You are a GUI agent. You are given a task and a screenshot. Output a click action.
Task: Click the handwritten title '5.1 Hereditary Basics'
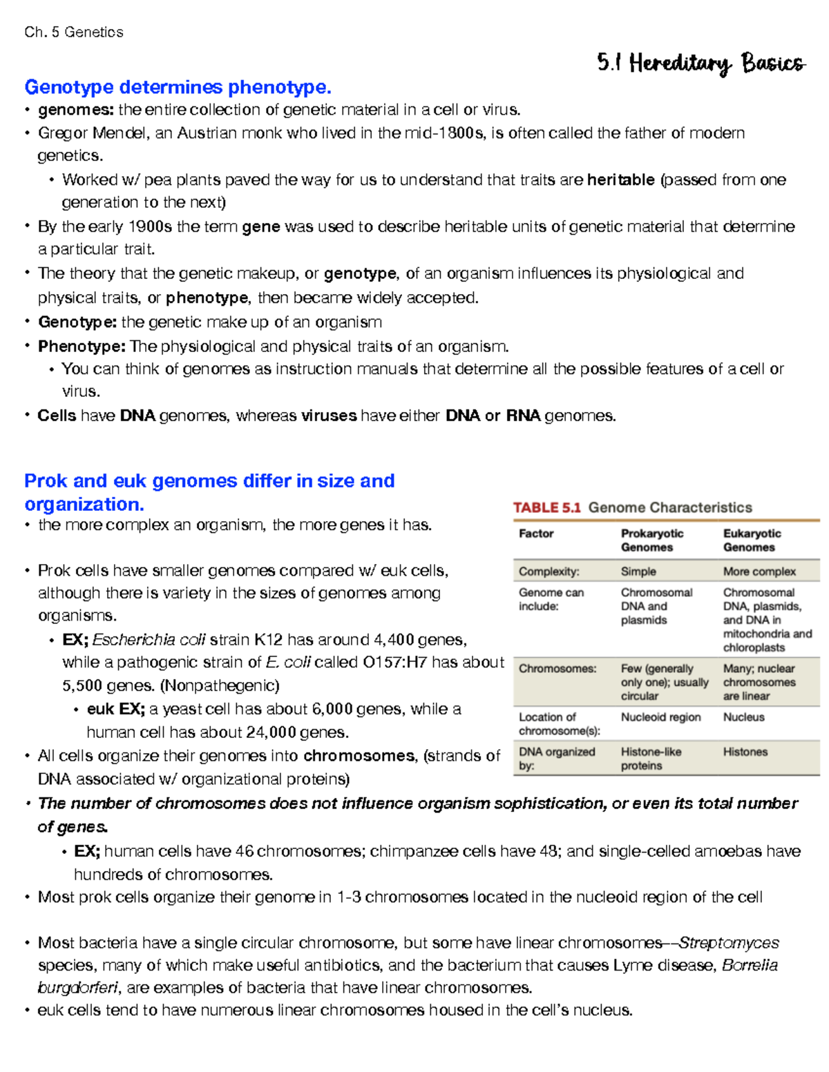point(701,64)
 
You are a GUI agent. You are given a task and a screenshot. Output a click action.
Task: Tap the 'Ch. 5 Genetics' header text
point(73,32)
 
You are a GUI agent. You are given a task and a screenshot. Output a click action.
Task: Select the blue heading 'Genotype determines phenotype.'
point(178,87)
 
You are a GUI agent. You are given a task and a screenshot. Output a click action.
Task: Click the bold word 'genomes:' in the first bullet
point(77,110)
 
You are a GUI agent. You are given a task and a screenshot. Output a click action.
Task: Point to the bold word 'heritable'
point(620,180)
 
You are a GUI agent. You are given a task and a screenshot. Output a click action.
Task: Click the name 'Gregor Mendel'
point(93,133)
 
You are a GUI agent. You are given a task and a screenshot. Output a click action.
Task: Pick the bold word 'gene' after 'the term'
point(261,226)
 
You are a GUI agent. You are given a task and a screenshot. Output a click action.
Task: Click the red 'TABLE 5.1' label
point(546,508)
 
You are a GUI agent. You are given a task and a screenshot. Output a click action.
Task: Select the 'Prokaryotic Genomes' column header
point(651,540)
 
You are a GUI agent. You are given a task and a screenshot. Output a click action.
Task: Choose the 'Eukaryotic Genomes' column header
point(752,540)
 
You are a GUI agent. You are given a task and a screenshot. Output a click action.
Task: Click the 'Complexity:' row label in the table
point(549,572)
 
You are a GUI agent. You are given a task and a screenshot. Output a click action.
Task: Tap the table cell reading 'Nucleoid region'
point(660,717)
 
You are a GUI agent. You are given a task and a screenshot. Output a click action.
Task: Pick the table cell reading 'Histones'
point(745,752)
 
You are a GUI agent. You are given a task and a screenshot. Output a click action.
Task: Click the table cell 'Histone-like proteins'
point(650,759)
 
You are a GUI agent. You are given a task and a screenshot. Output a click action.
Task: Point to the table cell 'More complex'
point(759,572)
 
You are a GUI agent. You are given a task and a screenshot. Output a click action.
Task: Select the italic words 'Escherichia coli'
point(149,640)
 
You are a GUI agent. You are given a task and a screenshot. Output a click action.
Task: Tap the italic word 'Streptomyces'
point(729,943)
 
